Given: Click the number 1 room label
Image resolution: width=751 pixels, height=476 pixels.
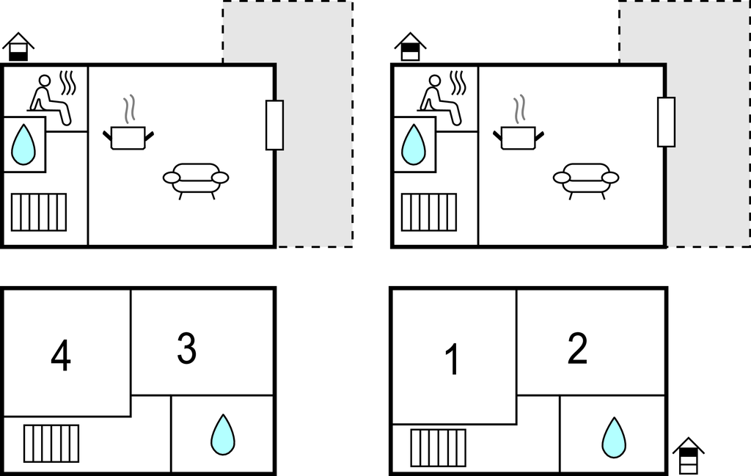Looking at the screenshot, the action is click(453, 359).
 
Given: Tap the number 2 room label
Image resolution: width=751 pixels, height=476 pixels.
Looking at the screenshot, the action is click(578, 348).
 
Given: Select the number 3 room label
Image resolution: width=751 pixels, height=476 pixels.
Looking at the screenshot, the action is click(187, 348).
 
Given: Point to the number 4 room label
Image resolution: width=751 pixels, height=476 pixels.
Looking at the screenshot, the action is click(61, 355).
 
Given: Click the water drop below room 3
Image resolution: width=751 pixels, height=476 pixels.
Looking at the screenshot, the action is click(223, 435).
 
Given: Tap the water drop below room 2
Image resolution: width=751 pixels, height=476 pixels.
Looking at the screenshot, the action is click(614, 438).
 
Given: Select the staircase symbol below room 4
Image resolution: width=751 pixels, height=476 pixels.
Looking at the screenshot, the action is click(51, 444).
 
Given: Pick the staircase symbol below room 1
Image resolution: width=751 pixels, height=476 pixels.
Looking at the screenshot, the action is click(439, 447).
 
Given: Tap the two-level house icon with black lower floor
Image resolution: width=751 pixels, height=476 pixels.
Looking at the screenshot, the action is click(18, 47).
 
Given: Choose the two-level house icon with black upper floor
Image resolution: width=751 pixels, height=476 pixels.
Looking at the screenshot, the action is click(410, 47).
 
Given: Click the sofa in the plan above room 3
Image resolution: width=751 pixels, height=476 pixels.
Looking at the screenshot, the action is click(196, 180).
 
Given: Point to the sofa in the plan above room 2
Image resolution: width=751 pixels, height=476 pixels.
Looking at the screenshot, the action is click(586, 180).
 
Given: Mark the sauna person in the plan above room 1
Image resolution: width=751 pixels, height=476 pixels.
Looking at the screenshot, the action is click(441, 100).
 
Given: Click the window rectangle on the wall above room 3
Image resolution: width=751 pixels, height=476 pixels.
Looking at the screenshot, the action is click(274, 125).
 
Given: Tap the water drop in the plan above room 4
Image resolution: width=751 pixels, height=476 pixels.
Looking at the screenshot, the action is click(23, 144).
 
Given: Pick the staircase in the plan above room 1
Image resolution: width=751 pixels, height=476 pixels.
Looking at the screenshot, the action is click(428, 212).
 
